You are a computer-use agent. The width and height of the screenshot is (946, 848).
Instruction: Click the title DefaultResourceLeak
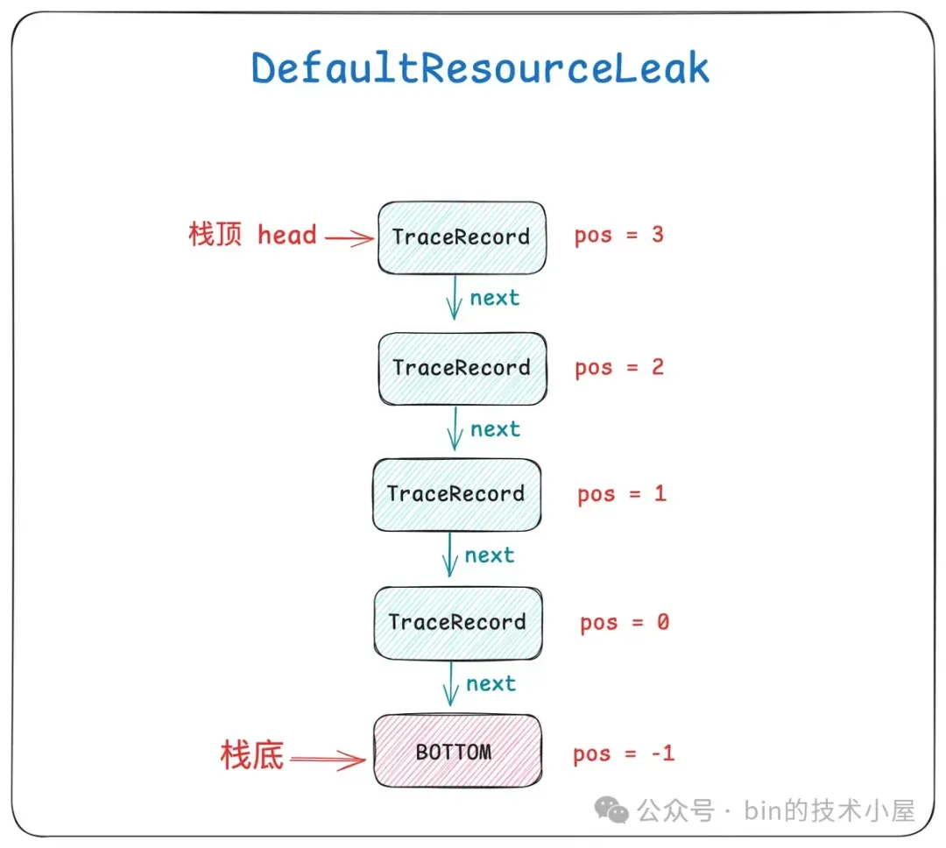tap(480, 67)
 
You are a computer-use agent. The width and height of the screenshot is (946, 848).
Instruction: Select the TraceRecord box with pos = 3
tap(462, 237)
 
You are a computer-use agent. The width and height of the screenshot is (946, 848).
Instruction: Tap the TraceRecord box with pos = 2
tap(462, 368)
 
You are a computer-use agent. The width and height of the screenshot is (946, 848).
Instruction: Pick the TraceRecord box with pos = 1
tap(456, 495)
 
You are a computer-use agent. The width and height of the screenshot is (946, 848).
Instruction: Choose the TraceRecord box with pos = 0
tap(458, 623)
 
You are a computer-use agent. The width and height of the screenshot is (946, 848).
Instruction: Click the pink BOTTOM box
tap(458, 751)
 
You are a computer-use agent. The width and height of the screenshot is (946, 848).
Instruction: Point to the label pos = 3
tap(619, 236)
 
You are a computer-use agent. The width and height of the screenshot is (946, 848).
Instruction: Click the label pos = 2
tap(619, 368)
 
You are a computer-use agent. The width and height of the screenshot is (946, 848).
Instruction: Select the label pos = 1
tap(622, 495)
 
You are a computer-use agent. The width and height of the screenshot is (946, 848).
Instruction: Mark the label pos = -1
tap(624, 754)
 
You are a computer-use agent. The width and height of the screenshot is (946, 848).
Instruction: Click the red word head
tap(287, 235)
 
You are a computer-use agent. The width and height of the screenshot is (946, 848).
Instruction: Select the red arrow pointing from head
tap(349, 238)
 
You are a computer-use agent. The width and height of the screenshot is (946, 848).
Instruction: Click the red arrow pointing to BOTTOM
tap(328, 760)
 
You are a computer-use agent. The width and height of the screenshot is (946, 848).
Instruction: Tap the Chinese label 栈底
tap(252, 755)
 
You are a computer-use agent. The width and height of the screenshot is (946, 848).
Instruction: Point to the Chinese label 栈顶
tap(215, 234)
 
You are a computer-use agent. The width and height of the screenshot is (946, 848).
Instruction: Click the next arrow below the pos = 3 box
tap(455, 298)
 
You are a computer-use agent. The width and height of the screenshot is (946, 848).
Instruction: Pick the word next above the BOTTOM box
tap(491, 684)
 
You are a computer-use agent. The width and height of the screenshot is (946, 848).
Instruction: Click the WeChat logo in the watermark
tap(611, 810)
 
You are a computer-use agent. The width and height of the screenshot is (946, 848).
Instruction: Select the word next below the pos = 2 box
tap(495, 429)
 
